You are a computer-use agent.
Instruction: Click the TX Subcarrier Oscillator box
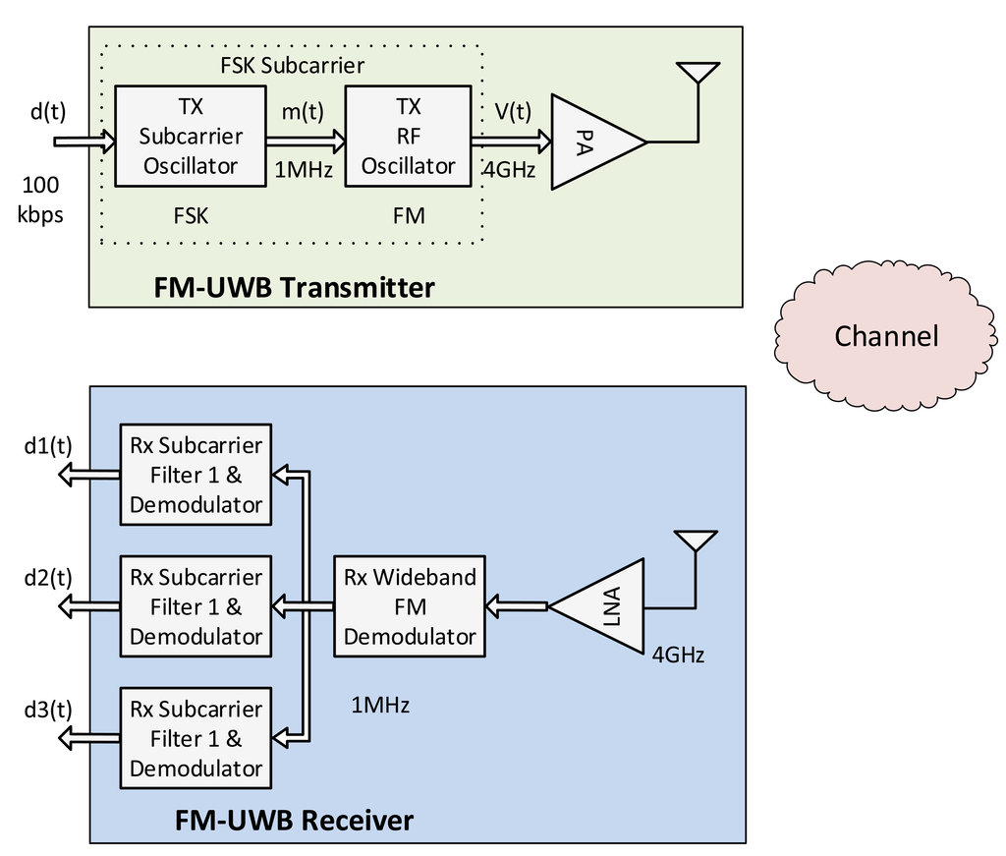(x=191, y=136)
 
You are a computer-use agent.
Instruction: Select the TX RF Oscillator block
(x=408, y=136)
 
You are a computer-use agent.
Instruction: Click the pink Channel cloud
(x=886, y=335)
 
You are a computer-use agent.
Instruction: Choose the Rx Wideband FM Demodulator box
(x=410, y=606)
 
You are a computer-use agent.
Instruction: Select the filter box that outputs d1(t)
(x=196, y=475)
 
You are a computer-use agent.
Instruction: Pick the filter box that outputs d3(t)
(x=196, y=738)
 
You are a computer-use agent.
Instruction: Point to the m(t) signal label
(x=305, y=113)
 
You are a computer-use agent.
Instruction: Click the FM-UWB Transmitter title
(x=294, y=288)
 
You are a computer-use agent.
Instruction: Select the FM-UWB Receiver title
(x=294, y=819)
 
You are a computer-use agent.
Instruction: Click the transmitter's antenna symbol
(x=697, y=75)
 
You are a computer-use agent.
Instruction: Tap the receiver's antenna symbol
(x=696, y=542)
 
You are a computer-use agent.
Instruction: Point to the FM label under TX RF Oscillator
(x=408, y=215)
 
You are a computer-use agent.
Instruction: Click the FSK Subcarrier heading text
(x=292, y=66)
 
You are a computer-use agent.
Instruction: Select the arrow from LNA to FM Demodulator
(x=517, y=607)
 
